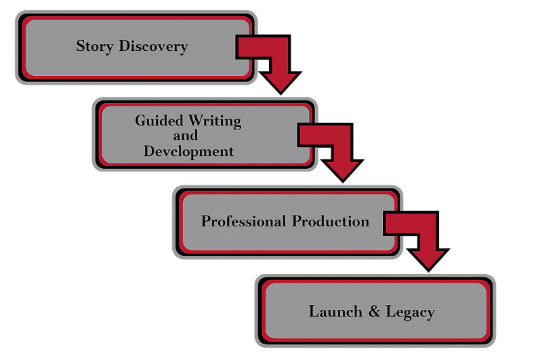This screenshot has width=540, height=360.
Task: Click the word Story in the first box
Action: pyautogui.click(x=96, y=47)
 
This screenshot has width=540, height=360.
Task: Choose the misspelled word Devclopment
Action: pyautogui.click(x=188, y=151)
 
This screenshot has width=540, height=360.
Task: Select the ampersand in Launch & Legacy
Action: pyautogui.click(x=375, y=312)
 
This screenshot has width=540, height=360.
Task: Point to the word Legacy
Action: pyautogui.click(x=410, y=312)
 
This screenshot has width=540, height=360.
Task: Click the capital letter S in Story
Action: pyautogui.click(x=81, y=47)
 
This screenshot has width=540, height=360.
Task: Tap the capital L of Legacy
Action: pyautogui.click(x=390, y=312)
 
